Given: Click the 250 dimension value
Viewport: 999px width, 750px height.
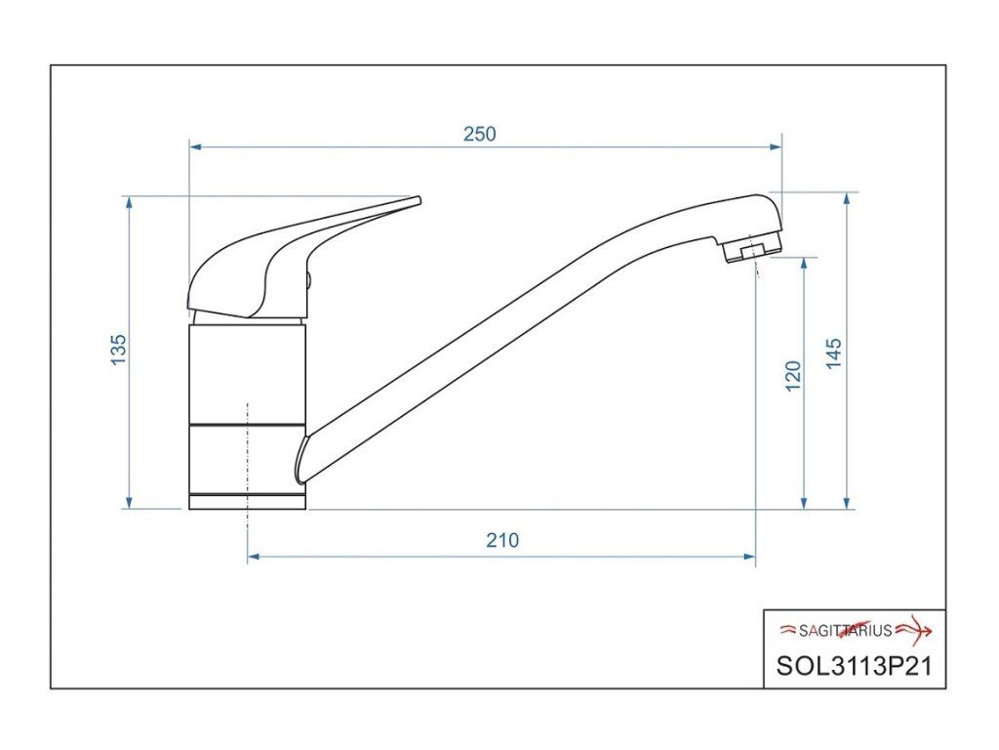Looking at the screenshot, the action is click(479, 134).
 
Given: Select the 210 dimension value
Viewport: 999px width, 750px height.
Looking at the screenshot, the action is click(502, 540).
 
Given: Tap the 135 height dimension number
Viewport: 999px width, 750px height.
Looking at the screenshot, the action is click(119, 350).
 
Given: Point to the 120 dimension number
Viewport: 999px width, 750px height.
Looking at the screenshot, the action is click(793, 376).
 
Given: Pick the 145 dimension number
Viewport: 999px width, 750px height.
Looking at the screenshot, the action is click(833, 354).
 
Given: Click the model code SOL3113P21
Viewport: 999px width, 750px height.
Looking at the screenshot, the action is click(854, 666).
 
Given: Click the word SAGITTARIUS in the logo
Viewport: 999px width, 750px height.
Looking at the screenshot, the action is click(845, 631).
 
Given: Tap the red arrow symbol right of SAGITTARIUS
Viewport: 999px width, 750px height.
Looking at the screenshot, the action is click(914, 631).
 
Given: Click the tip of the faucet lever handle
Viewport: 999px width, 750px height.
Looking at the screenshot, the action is click(420, 200).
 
